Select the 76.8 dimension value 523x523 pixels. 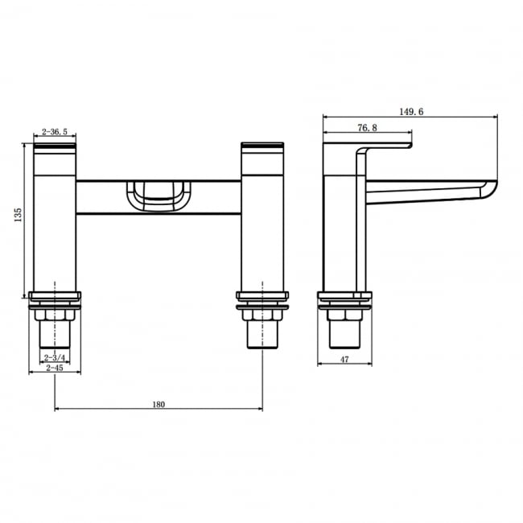tap(367, 127)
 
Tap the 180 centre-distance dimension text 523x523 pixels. tap(158, 404)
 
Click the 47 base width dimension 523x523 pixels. tap(344, 360)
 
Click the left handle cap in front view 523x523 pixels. tap(56, 146)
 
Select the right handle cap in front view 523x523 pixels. tap(262, 146)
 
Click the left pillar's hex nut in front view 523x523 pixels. tap(55, 314)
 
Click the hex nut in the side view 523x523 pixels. tap(344, 314)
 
